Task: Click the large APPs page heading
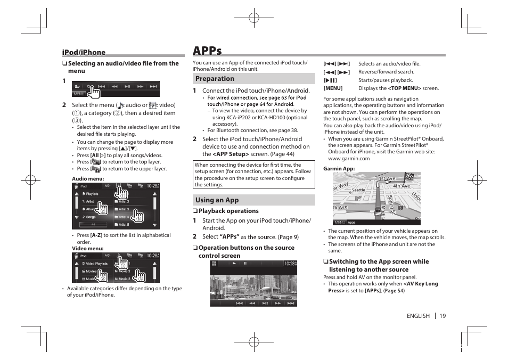tap(207, 51)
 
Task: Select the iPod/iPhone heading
tap(84, 52)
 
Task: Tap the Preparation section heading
tap(215, 79)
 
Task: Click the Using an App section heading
tap(217, 200)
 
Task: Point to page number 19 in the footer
tap(443, 316)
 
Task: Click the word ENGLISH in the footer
tap(418, 316)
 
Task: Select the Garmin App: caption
tap(339, 169)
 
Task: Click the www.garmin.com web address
tap(348, 159)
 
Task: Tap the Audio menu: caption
tap(88, 179)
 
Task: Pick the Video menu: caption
tap(87, 249)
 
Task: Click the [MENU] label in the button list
tap(333, 88)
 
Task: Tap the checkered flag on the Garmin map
tap(409, 177)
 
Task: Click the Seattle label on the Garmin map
tap(358, 190)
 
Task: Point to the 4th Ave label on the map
tap(402, 186)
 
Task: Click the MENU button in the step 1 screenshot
tap(79, 94)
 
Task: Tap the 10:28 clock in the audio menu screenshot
tap(152, 186)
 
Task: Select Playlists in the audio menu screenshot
tap(92, 194)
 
